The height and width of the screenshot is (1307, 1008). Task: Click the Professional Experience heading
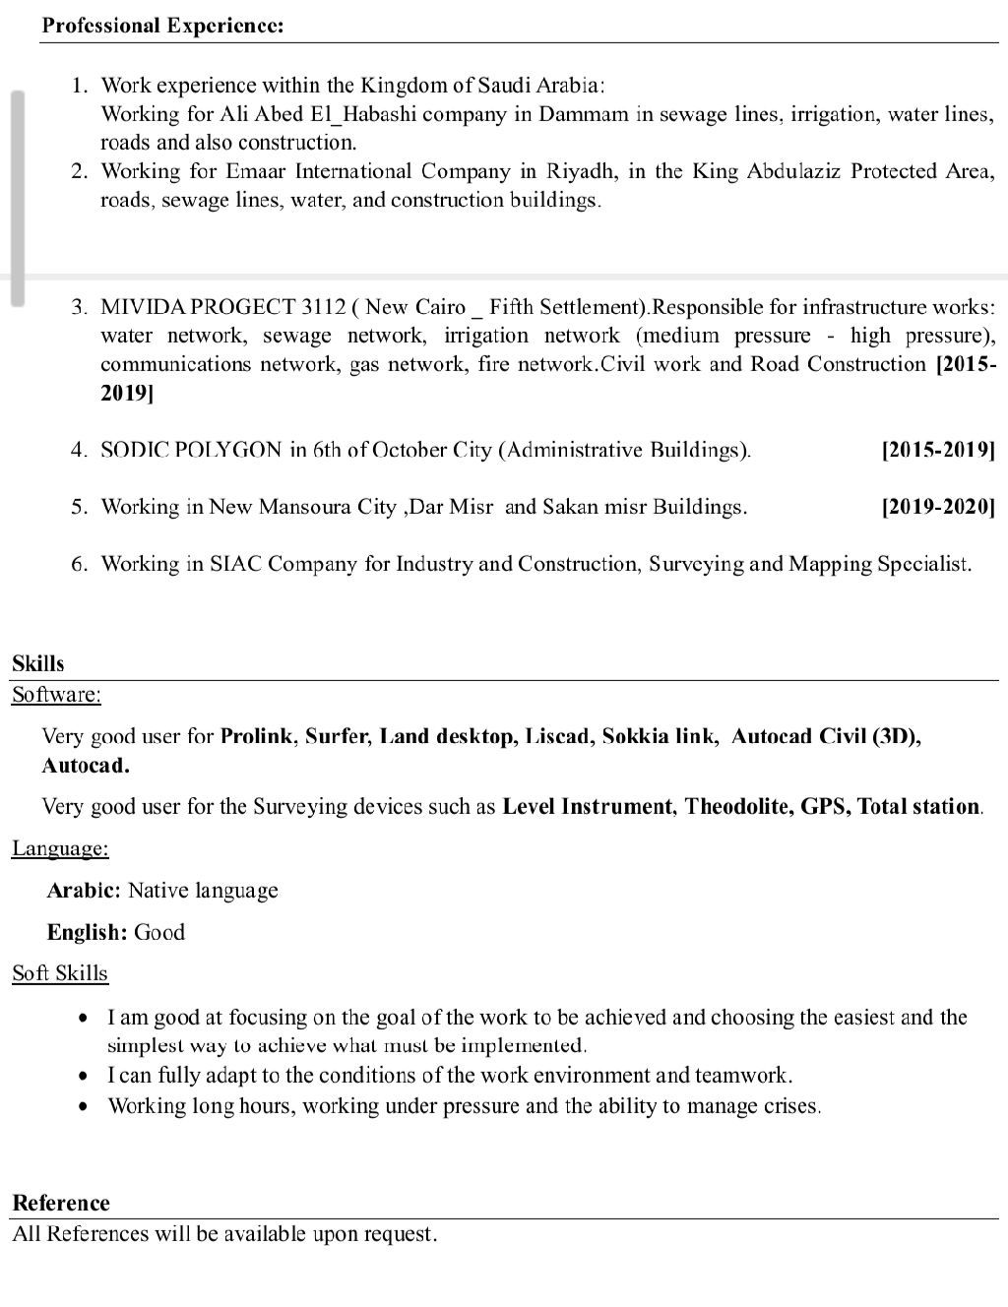coord(162,26)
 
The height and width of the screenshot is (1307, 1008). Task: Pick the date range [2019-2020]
coord(938,508)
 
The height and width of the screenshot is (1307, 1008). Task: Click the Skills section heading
coord(37,664)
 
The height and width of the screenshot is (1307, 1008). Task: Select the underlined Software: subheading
coord(56,695)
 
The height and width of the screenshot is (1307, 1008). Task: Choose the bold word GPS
coord(824,807)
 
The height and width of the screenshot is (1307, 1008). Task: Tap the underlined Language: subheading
coord(60,848)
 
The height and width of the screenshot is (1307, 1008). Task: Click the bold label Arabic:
coord(84,891)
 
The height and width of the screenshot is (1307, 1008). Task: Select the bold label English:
coord(87,933)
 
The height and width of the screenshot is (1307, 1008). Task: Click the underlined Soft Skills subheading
coord(60,973)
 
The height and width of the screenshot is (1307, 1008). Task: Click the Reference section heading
coord(61,1204)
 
